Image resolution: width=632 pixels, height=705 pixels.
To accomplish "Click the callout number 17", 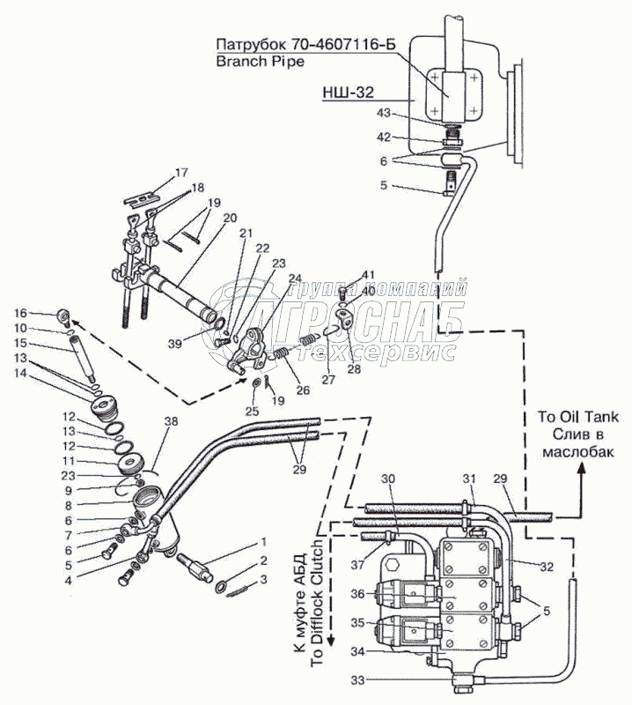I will (x=180, y=171).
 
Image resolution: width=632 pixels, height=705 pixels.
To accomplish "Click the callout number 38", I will (x=170, y=421).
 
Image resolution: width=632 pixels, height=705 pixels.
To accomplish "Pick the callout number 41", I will (x=367, y=275).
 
